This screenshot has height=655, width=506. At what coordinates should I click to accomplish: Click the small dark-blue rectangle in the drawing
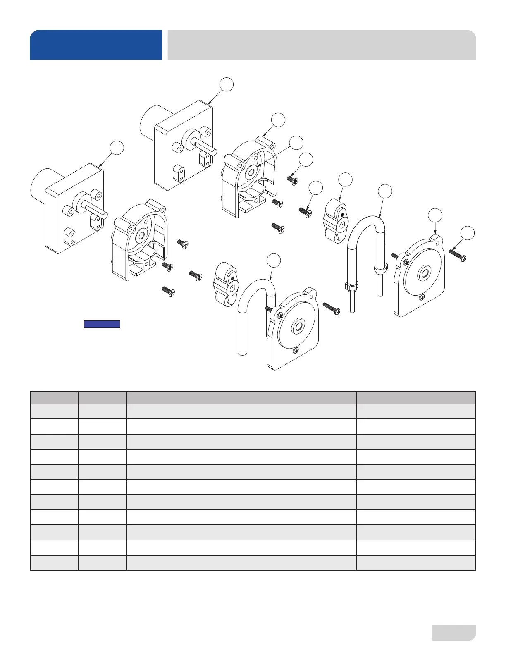pos(102,324)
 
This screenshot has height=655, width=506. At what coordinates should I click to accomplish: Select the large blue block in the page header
pos(96,45)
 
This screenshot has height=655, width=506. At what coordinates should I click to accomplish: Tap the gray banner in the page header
pos(322,45)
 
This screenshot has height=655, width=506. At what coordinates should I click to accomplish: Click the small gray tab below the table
pos(454,633)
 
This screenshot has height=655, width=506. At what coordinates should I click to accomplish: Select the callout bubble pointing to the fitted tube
pos(385,191)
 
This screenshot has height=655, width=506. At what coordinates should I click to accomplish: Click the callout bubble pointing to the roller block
pos(345,179)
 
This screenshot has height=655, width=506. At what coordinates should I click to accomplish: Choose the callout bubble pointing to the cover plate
pos(434,215)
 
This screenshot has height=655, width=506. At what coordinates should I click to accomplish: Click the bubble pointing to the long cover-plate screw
pos(468,233)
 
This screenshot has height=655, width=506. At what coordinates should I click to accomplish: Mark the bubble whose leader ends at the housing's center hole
pos(296,142)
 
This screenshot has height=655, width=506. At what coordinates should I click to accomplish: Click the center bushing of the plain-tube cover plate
pos(297,327)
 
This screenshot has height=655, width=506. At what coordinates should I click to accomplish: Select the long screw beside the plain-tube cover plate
pos(332,308)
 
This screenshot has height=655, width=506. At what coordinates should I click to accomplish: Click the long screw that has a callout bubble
pos(458,255)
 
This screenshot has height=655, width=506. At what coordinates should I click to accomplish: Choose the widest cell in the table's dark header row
pos(241,398)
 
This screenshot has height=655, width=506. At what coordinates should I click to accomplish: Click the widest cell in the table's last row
pos(241,563)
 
